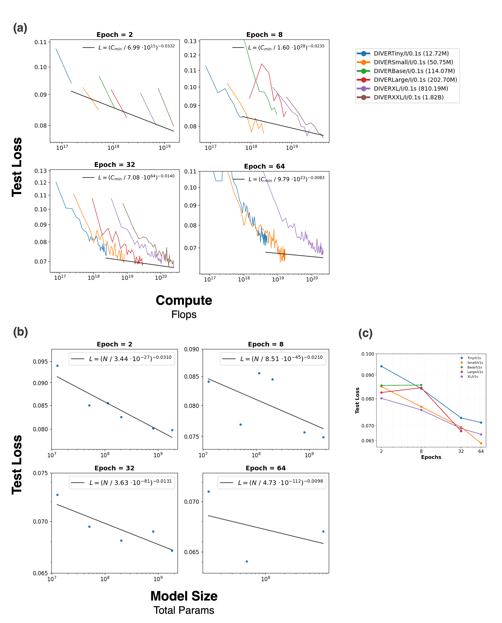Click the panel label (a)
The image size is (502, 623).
pyautogui.click(x=20, y=28)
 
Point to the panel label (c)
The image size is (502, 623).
pyautogui.click(x=365, y=333)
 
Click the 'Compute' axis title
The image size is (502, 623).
pyautogui.click(x=184, y=300)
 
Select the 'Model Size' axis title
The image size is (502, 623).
pyautogui.click(x=184, y=596)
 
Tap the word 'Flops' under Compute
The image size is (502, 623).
pyautogui.click(x=184, y=315)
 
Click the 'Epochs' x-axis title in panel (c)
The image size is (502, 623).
pyautogui.click(x=431, y=457)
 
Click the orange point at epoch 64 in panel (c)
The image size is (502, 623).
pyautogui.click(x=481, y=443)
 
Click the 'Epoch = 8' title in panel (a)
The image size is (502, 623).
pyautogui.click(x=264, y=35)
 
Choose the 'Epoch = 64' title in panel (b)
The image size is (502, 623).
pyautogui.click(x=265, y=468)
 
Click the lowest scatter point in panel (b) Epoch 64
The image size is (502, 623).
pyautogui.click(x=247, y=561)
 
